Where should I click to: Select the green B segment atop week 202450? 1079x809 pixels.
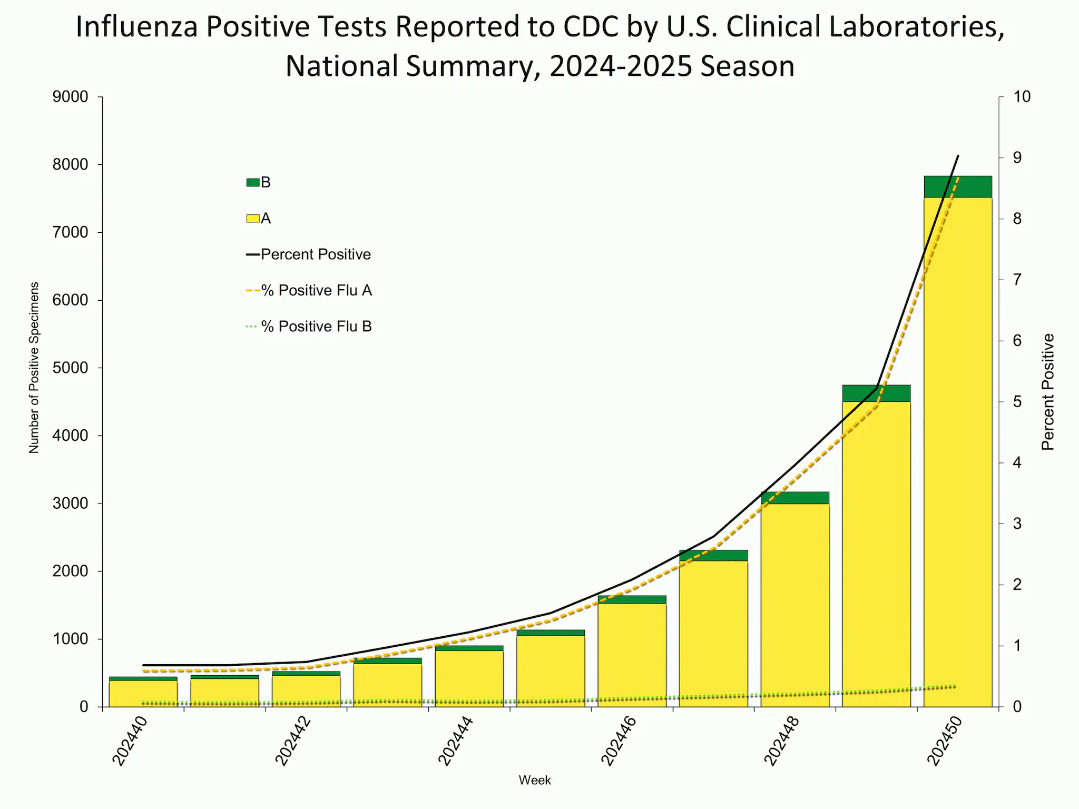(958, 186)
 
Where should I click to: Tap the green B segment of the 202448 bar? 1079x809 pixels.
(794, 498)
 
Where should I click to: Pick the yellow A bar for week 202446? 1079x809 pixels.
(632, 656)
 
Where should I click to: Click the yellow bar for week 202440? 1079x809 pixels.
(143, 694)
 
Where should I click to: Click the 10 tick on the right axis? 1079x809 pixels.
(1022, 97)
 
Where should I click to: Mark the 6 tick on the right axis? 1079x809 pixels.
(1017, 341)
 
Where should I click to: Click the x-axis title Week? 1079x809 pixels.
(535, 781)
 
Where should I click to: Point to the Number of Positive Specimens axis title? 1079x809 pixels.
(34, 368)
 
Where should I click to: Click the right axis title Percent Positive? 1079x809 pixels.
(1048, 392)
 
